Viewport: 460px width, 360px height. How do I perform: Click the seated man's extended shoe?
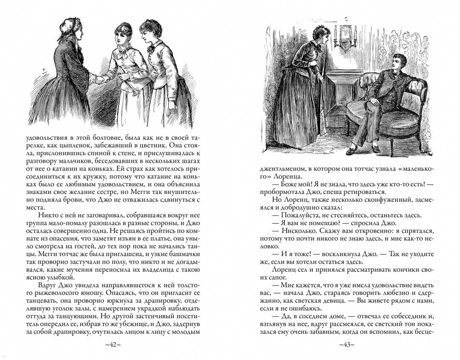tap(352, 150)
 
